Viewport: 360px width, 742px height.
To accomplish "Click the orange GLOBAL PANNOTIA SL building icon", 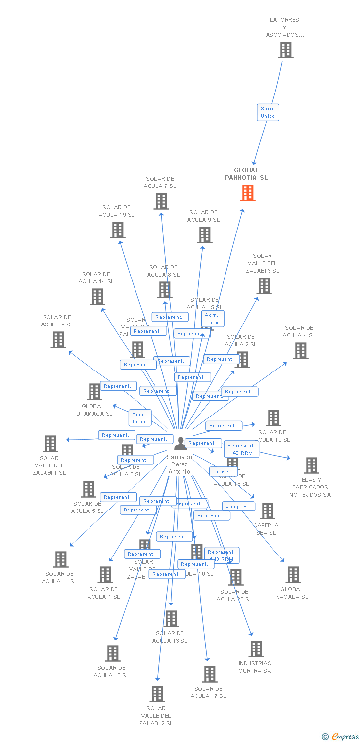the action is point(248,193).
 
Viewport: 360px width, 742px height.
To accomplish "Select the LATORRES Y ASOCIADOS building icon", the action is point(285,50).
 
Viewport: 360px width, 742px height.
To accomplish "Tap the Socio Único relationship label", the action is point(268,112).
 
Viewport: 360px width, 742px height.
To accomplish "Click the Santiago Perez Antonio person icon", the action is point(180,444).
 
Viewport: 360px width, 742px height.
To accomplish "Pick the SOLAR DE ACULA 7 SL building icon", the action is point(161,201).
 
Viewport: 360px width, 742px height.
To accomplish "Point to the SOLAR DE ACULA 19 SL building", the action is point(117,230).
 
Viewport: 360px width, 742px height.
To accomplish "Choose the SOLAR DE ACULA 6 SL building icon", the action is point(58,339).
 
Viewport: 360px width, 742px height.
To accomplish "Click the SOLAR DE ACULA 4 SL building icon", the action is point(300,351).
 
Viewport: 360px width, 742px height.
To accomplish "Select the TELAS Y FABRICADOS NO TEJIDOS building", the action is point(311,465).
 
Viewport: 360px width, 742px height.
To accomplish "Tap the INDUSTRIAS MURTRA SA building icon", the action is point(256,649).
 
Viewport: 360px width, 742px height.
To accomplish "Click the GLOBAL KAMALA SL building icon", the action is point(293,575).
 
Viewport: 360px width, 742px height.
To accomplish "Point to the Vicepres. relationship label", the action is point(239,507).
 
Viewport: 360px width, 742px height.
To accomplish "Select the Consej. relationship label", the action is point(223,472).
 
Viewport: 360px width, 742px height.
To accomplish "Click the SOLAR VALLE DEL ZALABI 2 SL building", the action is point(157,694).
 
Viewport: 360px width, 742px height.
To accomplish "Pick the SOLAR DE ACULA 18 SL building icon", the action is point(113,653).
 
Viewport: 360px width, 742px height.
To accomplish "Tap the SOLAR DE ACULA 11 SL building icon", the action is point(60,559).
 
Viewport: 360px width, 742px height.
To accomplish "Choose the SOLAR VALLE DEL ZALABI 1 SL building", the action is point(50,444).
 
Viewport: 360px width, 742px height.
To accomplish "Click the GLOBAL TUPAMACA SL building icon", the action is point(94,392).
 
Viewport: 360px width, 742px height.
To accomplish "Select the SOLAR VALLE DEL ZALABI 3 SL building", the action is point(264,286).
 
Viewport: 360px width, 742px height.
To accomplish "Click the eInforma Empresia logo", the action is point(341,737).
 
